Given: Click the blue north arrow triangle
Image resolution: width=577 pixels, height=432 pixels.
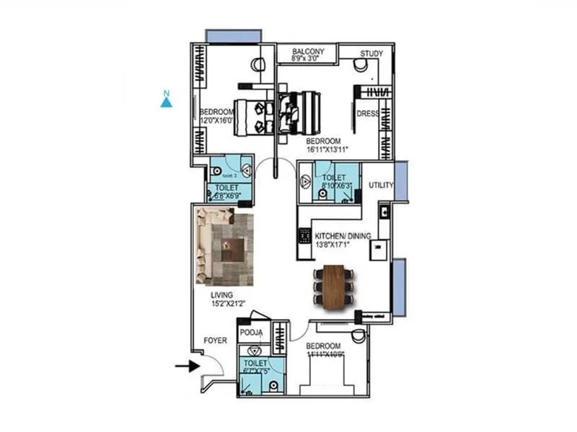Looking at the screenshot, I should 166,102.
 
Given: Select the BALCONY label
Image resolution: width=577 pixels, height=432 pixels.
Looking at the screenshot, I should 308,53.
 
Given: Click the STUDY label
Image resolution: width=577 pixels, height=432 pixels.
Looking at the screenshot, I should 371,53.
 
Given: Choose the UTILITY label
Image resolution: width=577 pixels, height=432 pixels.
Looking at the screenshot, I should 381,186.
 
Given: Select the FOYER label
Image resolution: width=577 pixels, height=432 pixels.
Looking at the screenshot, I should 216,340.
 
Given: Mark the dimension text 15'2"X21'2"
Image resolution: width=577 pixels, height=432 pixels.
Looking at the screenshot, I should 229,305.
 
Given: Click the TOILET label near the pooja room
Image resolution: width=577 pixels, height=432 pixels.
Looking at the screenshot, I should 255,364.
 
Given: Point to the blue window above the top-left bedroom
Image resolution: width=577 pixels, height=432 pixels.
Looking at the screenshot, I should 233,36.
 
